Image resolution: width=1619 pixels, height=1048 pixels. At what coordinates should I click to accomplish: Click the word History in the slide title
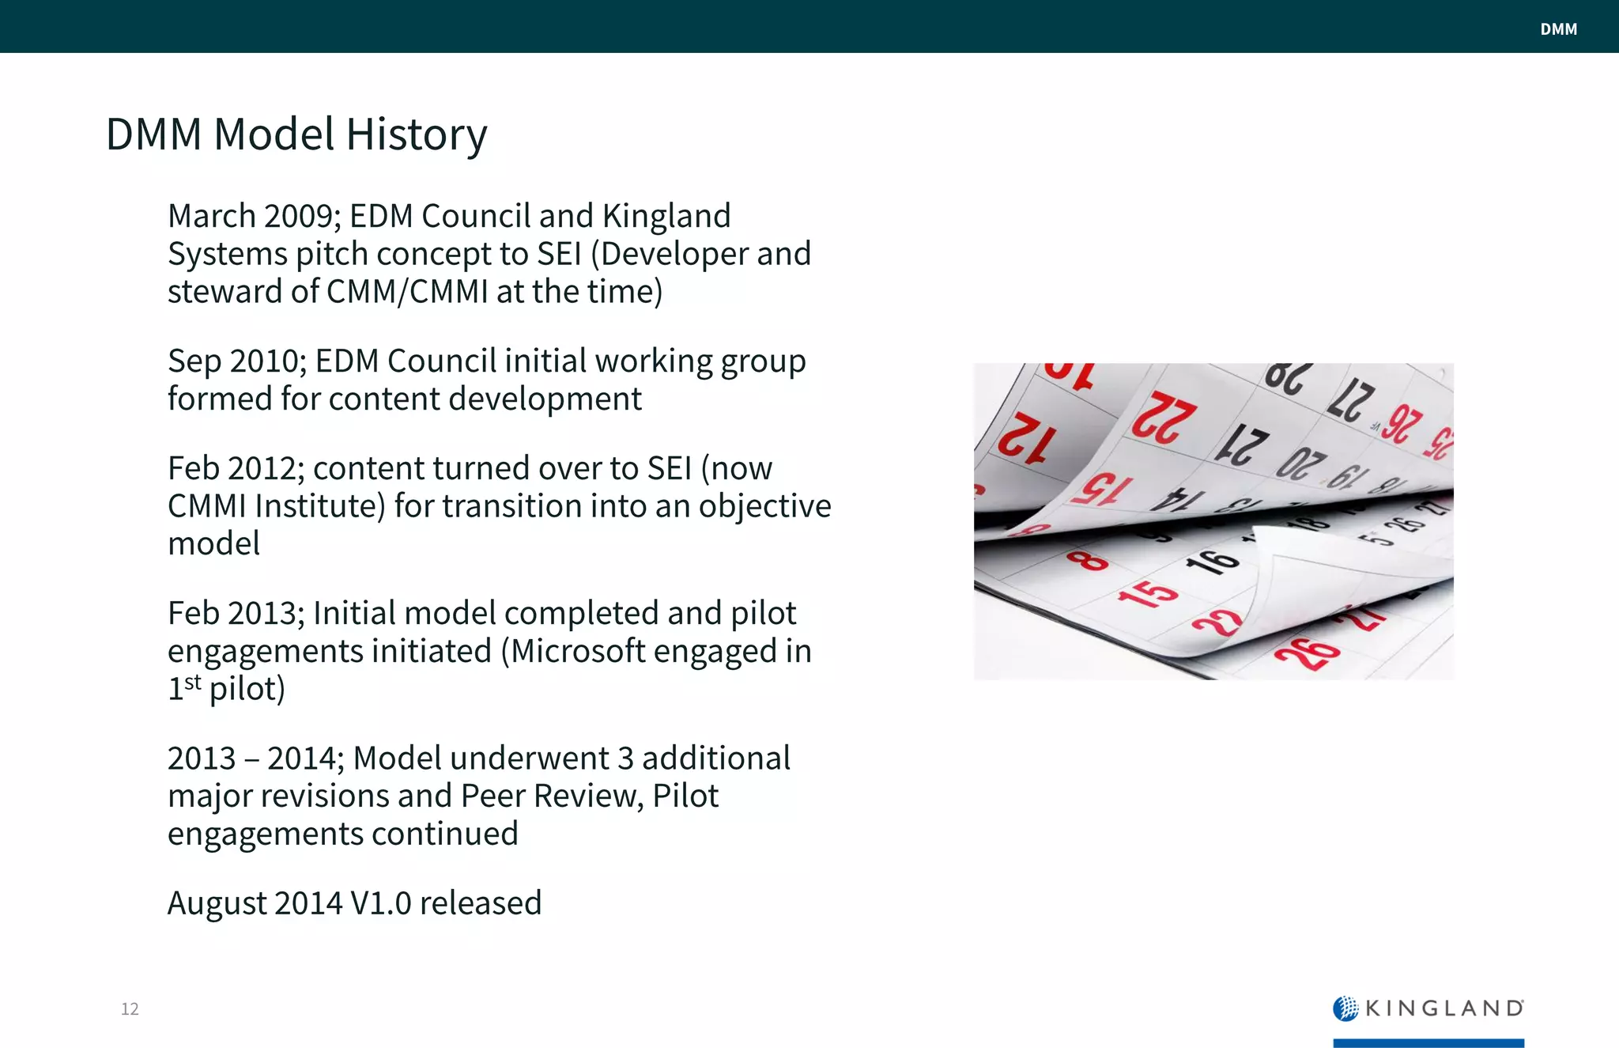pyautogui.click(x=416, y=134)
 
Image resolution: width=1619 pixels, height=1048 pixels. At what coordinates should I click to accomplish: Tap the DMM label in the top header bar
pyautogui.click(x=1558, y=29)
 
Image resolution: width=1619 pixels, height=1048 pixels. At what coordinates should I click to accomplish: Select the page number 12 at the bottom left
pyautogui.click(x=130, y=1008)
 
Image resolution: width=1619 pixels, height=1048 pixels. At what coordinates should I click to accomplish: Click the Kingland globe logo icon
pyautogui.click(x=1345, y=1008)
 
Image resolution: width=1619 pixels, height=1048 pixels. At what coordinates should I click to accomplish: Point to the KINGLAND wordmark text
pyautogui.click(x=1444, y=1008)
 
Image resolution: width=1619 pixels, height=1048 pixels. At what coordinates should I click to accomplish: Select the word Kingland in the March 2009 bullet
pyautogui.click(x=666, y=216)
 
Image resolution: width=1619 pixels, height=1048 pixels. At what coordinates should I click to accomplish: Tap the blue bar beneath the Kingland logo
pyautogui.click(x=1428, y=1042)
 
